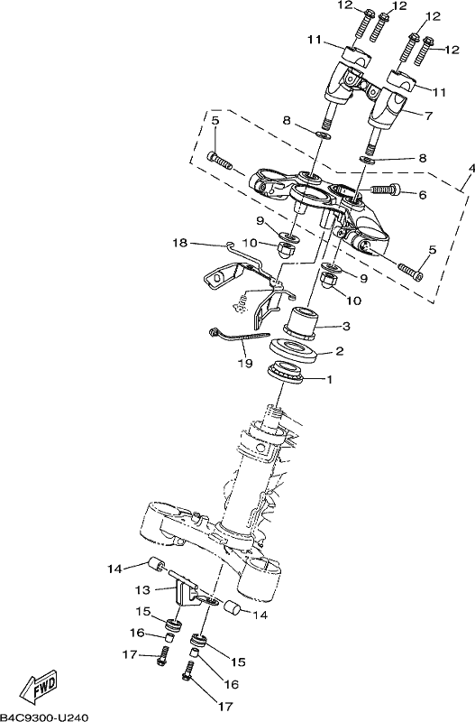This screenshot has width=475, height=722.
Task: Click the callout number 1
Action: [x=329, y=380]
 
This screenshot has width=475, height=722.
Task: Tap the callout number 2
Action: [x=340, y=351]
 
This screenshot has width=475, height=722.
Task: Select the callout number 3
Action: [x=346, y=326]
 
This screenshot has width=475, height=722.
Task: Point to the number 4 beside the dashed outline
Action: [x=470, y=170]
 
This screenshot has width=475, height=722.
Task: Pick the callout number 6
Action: [x=423, y=195]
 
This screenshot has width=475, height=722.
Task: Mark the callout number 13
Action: [x=142, y=589]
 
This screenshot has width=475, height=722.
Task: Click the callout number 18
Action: [x=180, y=243]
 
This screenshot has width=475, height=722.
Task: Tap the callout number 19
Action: [x=245, y=364]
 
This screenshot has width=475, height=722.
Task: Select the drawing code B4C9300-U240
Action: [x=44, y=717]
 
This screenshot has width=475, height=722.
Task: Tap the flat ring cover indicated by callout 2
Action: [x=293, y=351]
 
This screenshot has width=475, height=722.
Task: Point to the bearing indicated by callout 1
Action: [x=285, y=372]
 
